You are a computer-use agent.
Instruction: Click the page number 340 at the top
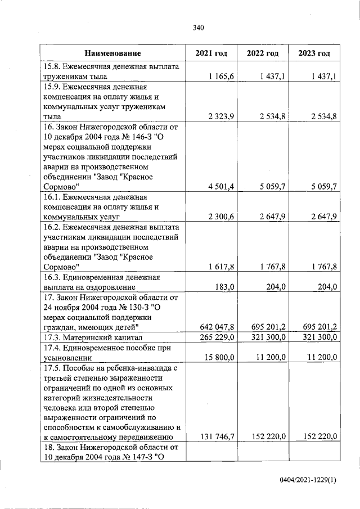pyautogui.click(x=197, y=28)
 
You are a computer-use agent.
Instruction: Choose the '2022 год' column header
pyautogui.click(x=263, y=53)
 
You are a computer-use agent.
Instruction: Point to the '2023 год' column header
pyautogui.click(x=314, y=53)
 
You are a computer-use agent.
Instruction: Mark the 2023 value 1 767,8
pyautogui.click(x=323, y=267)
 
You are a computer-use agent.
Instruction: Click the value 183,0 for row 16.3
pyautogui.click(x=224, y=287)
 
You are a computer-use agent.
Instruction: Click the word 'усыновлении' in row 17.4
pyautogui.click(x=66, y=357)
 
